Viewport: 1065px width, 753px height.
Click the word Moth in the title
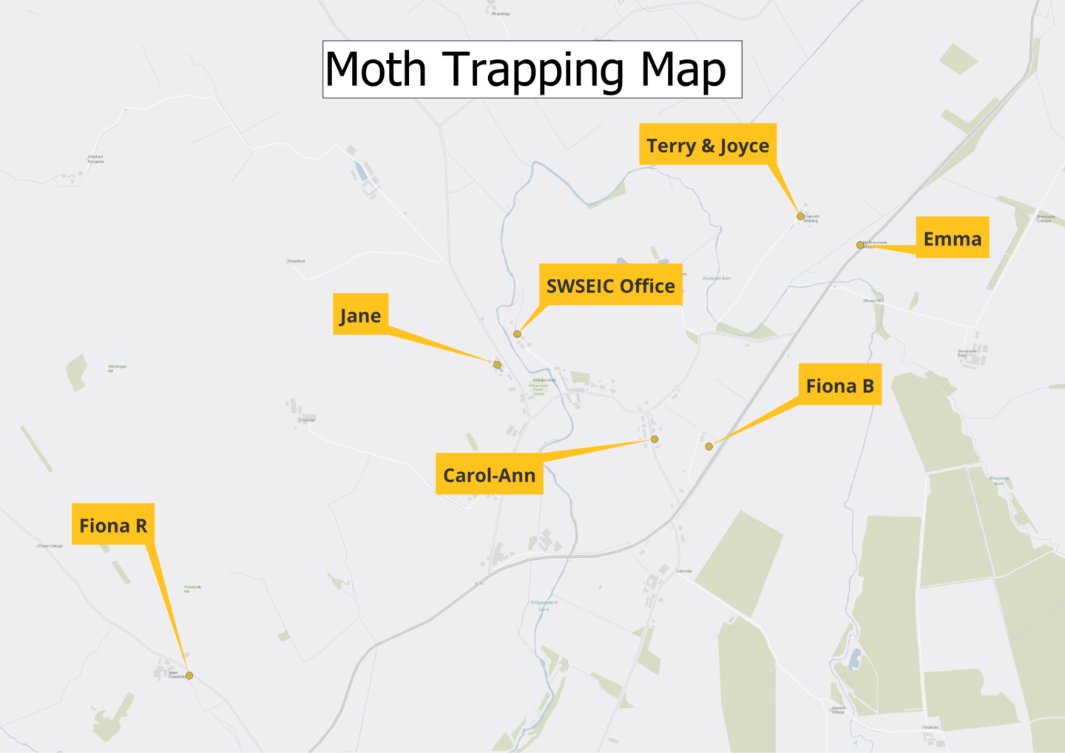coord(376,70)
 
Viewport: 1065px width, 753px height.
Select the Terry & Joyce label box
coord(707,144)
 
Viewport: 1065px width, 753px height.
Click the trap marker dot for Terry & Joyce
coord(800,217)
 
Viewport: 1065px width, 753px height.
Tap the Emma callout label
coord(952,237)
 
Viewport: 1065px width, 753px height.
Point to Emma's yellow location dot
coord(860,245)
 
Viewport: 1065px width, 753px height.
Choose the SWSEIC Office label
coord(610,285)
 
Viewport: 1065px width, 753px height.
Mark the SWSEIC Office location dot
coord(518,334)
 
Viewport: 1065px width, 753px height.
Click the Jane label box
coord(360,314)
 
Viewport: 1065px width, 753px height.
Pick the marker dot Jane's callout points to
coord(497,365)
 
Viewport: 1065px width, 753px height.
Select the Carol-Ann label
coord(489,474)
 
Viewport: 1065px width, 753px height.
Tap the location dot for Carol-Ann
coord(655,439)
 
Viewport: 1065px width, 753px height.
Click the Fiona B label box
coord(839,385)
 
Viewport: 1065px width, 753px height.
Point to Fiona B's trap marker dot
coord(709,446)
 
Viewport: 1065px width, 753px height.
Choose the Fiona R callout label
coord(113,524)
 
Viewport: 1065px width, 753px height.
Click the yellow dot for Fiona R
coord(189,675)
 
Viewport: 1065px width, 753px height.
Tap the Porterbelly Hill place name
coord(192,589)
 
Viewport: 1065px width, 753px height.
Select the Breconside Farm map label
coord(967,353)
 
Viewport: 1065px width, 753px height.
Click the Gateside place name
coord(684,571)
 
